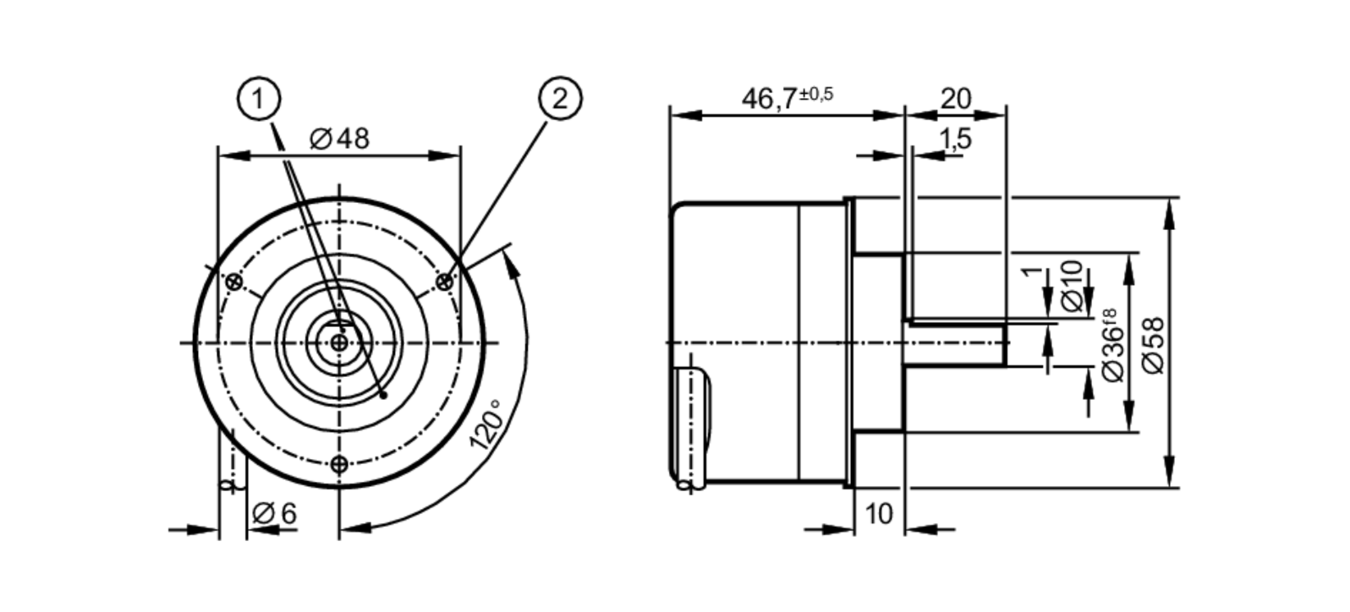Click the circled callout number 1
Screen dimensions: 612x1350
tap(259, 100)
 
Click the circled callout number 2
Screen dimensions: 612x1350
tap(560, 99)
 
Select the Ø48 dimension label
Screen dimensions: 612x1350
tap(340, 139)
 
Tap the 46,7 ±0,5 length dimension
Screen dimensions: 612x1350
tap(787, 98)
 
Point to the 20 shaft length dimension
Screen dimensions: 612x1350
tap(955, 99)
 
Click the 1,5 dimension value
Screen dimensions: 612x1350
tap(955, 138)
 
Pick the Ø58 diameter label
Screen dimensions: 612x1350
tap(1154, 344)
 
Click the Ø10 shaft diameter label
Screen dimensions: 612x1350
tap(1073, 286)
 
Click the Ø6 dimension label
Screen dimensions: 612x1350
tap(274, 513)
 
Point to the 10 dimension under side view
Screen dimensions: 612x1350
tap(879, 514)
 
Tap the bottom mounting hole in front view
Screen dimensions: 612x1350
tap(340, 464)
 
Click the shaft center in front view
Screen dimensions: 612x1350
tap(340, 343)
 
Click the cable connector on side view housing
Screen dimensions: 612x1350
tap(691, 425)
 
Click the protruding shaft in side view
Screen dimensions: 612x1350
tap(955, 344)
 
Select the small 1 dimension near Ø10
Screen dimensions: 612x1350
tap(1029, 271)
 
